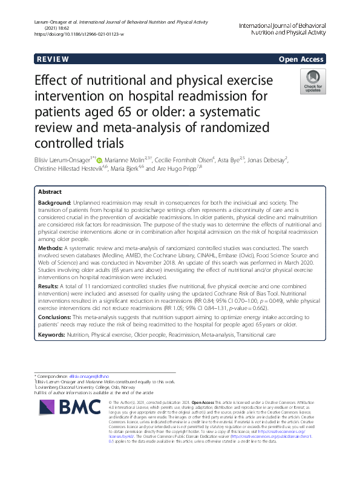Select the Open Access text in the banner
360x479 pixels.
tap(301, 60)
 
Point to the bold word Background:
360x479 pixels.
tap(56, 202)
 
